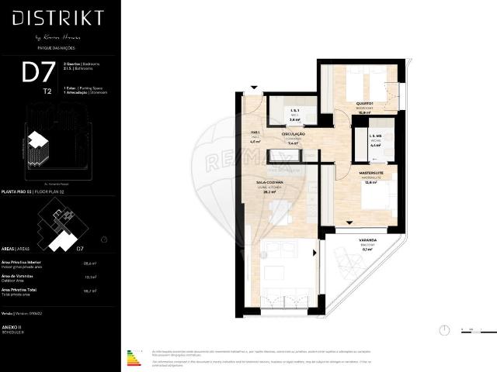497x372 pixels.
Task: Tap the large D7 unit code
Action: pos(38,73)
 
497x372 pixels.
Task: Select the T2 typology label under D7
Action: pos(48,91)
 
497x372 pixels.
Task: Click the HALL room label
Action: pos(255,133)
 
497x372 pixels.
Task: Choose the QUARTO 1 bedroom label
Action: pos(367,105)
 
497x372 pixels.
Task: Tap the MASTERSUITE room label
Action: pos(370,174)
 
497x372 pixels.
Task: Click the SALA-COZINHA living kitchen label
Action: pos(269,184)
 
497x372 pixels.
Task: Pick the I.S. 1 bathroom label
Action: pos(295,113)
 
